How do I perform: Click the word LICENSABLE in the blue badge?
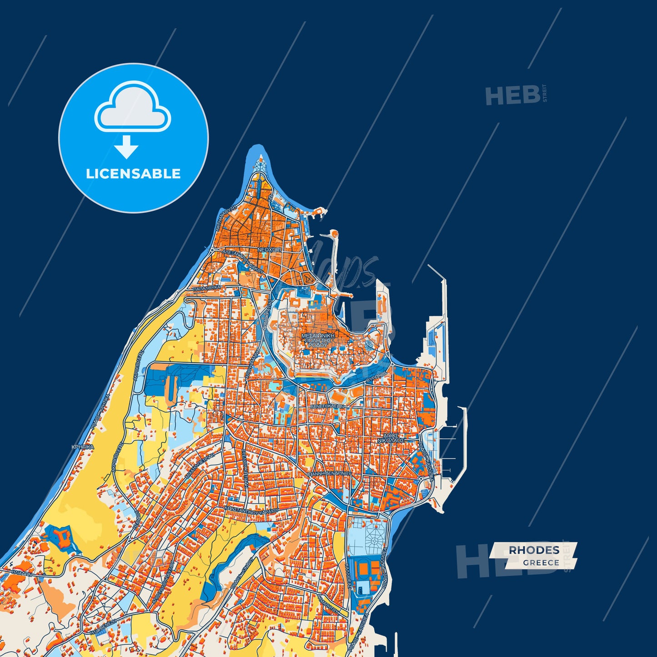click(x=133, y=174)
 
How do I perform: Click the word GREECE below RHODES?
click(x=541, y=562)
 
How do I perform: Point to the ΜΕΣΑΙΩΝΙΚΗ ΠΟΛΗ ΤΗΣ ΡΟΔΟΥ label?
click(x=318, y=340)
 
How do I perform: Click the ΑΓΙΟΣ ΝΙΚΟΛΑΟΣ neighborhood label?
click(x=391, y=438)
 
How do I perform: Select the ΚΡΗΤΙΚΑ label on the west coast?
click(x=82, y=447)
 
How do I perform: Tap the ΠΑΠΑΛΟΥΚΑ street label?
click(x=207, y=288)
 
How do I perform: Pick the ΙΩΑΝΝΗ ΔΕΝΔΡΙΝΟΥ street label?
click(x=329, y=473)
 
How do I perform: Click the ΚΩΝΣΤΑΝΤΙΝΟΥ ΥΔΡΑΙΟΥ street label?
click(x=258, y=511)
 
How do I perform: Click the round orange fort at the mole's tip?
click(x=334, y=234)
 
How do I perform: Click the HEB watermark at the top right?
click(x=513, y=96)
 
